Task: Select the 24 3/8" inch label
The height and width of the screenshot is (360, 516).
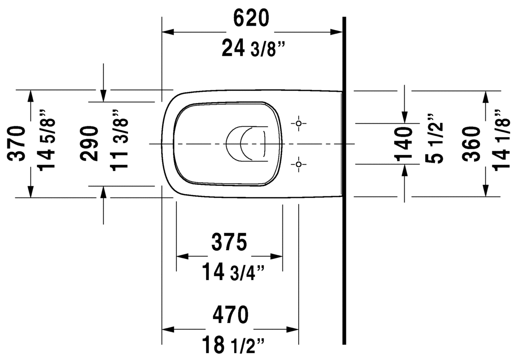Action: [x=253, y=48]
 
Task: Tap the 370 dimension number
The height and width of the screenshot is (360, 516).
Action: [x=17, y=144]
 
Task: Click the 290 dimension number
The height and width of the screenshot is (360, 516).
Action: [x=90, y=144]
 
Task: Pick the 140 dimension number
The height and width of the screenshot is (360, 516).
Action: [x=404, y=144]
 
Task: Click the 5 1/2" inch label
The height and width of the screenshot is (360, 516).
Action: [x=434, y=139]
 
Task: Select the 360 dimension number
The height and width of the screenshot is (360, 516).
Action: [x=471, y=144]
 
